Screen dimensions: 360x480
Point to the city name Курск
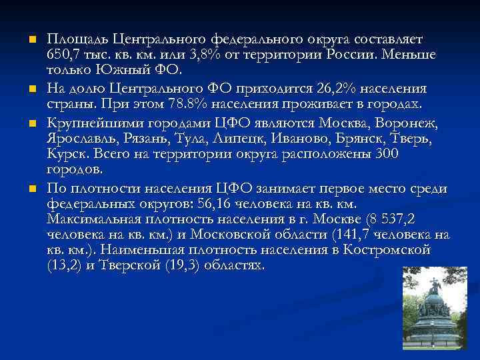(67, 154)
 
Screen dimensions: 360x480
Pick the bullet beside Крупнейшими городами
(31, 124)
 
